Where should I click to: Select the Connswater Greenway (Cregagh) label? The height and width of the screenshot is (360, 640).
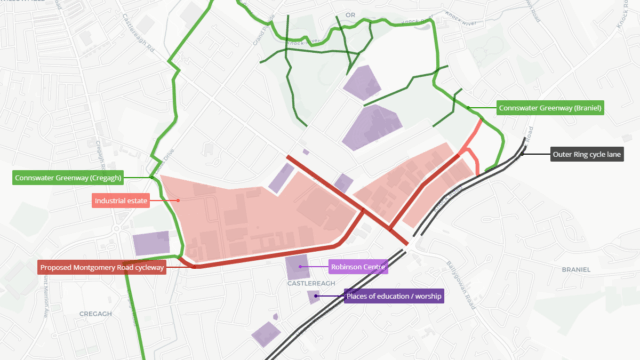pos(68,178)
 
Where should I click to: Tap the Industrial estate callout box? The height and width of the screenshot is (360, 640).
pos(121,200)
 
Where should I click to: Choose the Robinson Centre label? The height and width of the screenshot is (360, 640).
pos(359,267)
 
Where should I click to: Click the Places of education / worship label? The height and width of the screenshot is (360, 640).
pos(393,296)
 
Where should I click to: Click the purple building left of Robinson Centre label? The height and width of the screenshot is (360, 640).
pos(297,267)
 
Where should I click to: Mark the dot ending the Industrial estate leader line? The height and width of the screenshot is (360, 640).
pos(178,200)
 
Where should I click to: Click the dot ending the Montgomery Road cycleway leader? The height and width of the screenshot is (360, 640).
pos(193,267)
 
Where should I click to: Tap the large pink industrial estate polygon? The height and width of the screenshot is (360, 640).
pos(250,215)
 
